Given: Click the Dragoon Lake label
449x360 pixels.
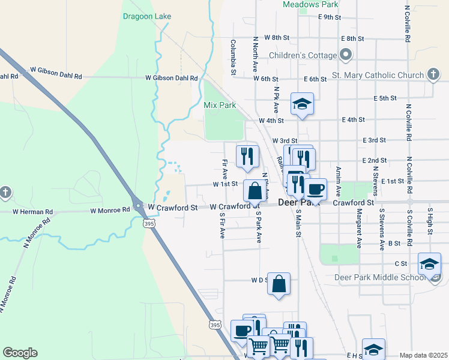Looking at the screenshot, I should (x=146, y=17).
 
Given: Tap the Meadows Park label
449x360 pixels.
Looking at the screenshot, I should (x=310, y=4).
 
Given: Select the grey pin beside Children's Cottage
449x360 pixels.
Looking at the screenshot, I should (x=346, y=55).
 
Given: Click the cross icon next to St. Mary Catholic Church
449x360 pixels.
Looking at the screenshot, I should (x=433, y=75).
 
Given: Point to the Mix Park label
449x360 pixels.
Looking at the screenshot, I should (x=218, y=104).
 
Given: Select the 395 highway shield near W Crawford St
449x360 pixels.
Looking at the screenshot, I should (x=147, y=223).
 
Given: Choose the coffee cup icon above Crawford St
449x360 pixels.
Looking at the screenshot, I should (x=315, y=189).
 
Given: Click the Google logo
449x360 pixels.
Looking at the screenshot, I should (x=20, y=352).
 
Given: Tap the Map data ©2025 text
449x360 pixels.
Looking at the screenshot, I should (x=423, y=355).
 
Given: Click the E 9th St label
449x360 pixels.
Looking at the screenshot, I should (x=330, y=17).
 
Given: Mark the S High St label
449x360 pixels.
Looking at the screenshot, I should (x=430, y=222).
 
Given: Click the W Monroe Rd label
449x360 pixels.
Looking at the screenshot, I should (x=110, y=210).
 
